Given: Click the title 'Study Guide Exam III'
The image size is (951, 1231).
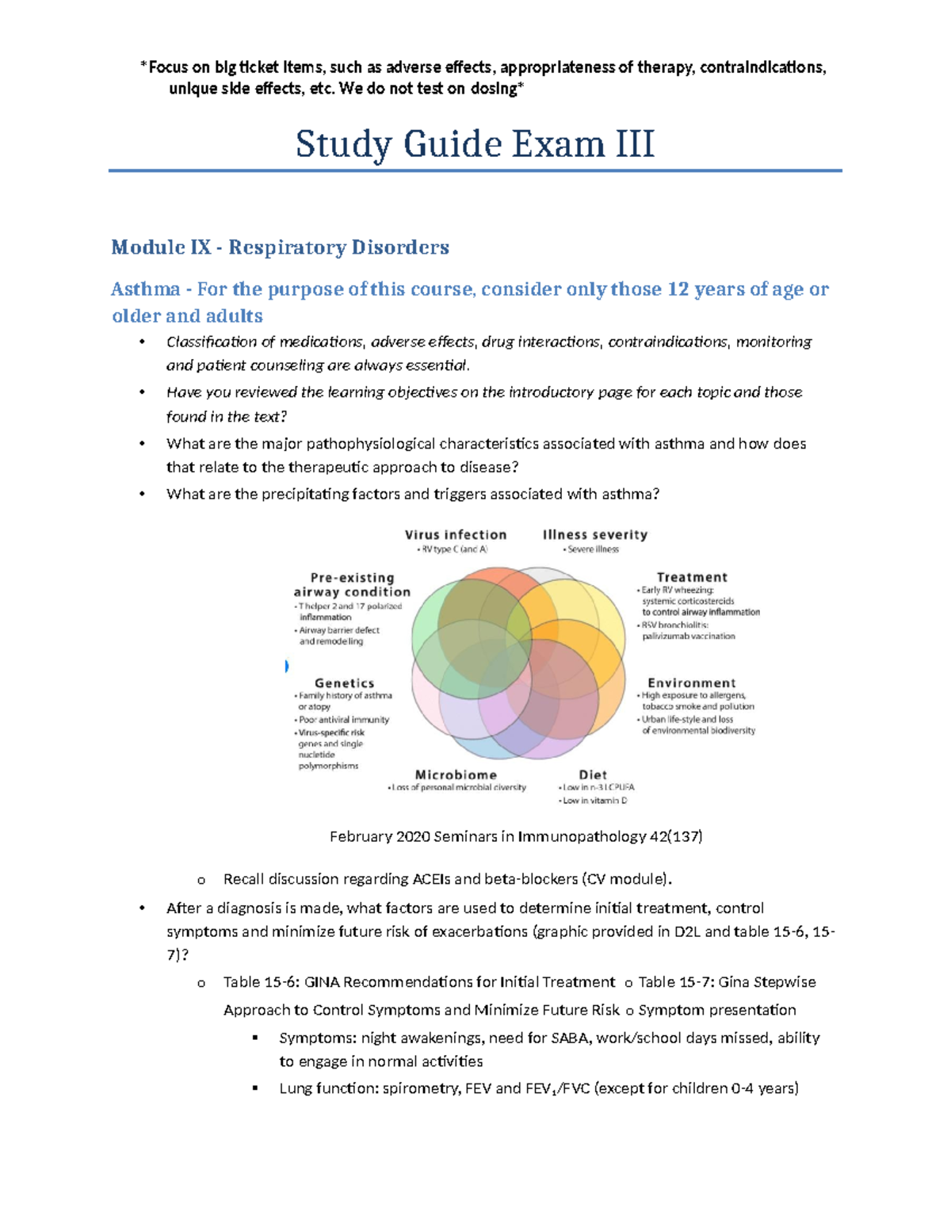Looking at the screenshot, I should pos(475,144).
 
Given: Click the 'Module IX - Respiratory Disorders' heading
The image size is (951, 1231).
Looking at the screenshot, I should pos(280,247).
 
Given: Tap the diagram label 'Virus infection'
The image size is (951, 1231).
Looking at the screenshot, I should pos(456,535).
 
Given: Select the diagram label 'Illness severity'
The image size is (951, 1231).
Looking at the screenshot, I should pos(595,535).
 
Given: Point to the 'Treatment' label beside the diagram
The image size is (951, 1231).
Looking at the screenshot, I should pos(692,577).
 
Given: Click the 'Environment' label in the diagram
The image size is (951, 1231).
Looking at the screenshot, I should pos(692,682).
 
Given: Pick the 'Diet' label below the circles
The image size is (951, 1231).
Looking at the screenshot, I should pos(593,774).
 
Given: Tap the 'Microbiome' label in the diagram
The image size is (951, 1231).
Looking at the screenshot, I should pos(456,774).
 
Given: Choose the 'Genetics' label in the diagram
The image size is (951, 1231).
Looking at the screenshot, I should pos(344,682).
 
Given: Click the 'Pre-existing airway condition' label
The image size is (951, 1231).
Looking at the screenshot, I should pos(352,585).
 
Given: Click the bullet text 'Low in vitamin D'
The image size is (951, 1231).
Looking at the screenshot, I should pos(595,801).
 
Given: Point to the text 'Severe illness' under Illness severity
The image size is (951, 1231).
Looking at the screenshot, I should pos(593,549).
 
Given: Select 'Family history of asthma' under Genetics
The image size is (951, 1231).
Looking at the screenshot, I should pos(346,695).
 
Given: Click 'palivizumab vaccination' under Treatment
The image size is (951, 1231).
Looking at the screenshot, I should pos(689,636).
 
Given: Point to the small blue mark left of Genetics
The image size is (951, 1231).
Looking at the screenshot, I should pos(286,666).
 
